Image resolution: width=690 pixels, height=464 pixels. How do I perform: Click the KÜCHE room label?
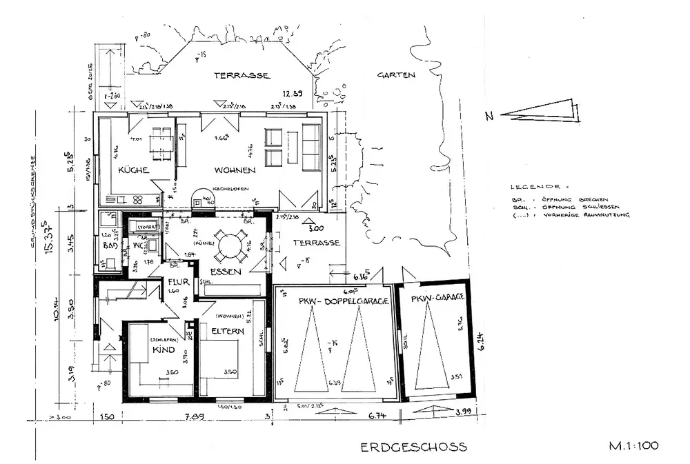tap(134, 170)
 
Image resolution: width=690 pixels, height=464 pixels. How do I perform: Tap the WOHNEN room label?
tap(235, 170)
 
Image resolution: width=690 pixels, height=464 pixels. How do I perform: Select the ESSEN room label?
tap(226, 272)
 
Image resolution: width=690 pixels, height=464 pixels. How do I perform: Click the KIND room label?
tap(164, 350)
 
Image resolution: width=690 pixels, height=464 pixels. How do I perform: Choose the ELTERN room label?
tap(228, 332)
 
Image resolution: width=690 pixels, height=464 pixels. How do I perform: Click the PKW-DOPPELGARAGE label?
tap(334, 301)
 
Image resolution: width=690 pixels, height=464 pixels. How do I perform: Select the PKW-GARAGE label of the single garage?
tap(436, 299)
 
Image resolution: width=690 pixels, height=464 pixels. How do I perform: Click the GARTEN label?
tap(396, 75)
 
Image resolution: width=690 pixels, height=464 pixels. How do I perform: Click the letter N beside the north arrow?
tap(489, 117)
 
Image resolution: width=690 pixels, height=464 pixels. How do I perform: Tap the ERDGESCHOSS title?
tap(413, 447)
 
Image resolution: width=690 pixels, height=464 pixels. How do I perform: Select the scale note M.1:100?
tap(633, 445)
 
